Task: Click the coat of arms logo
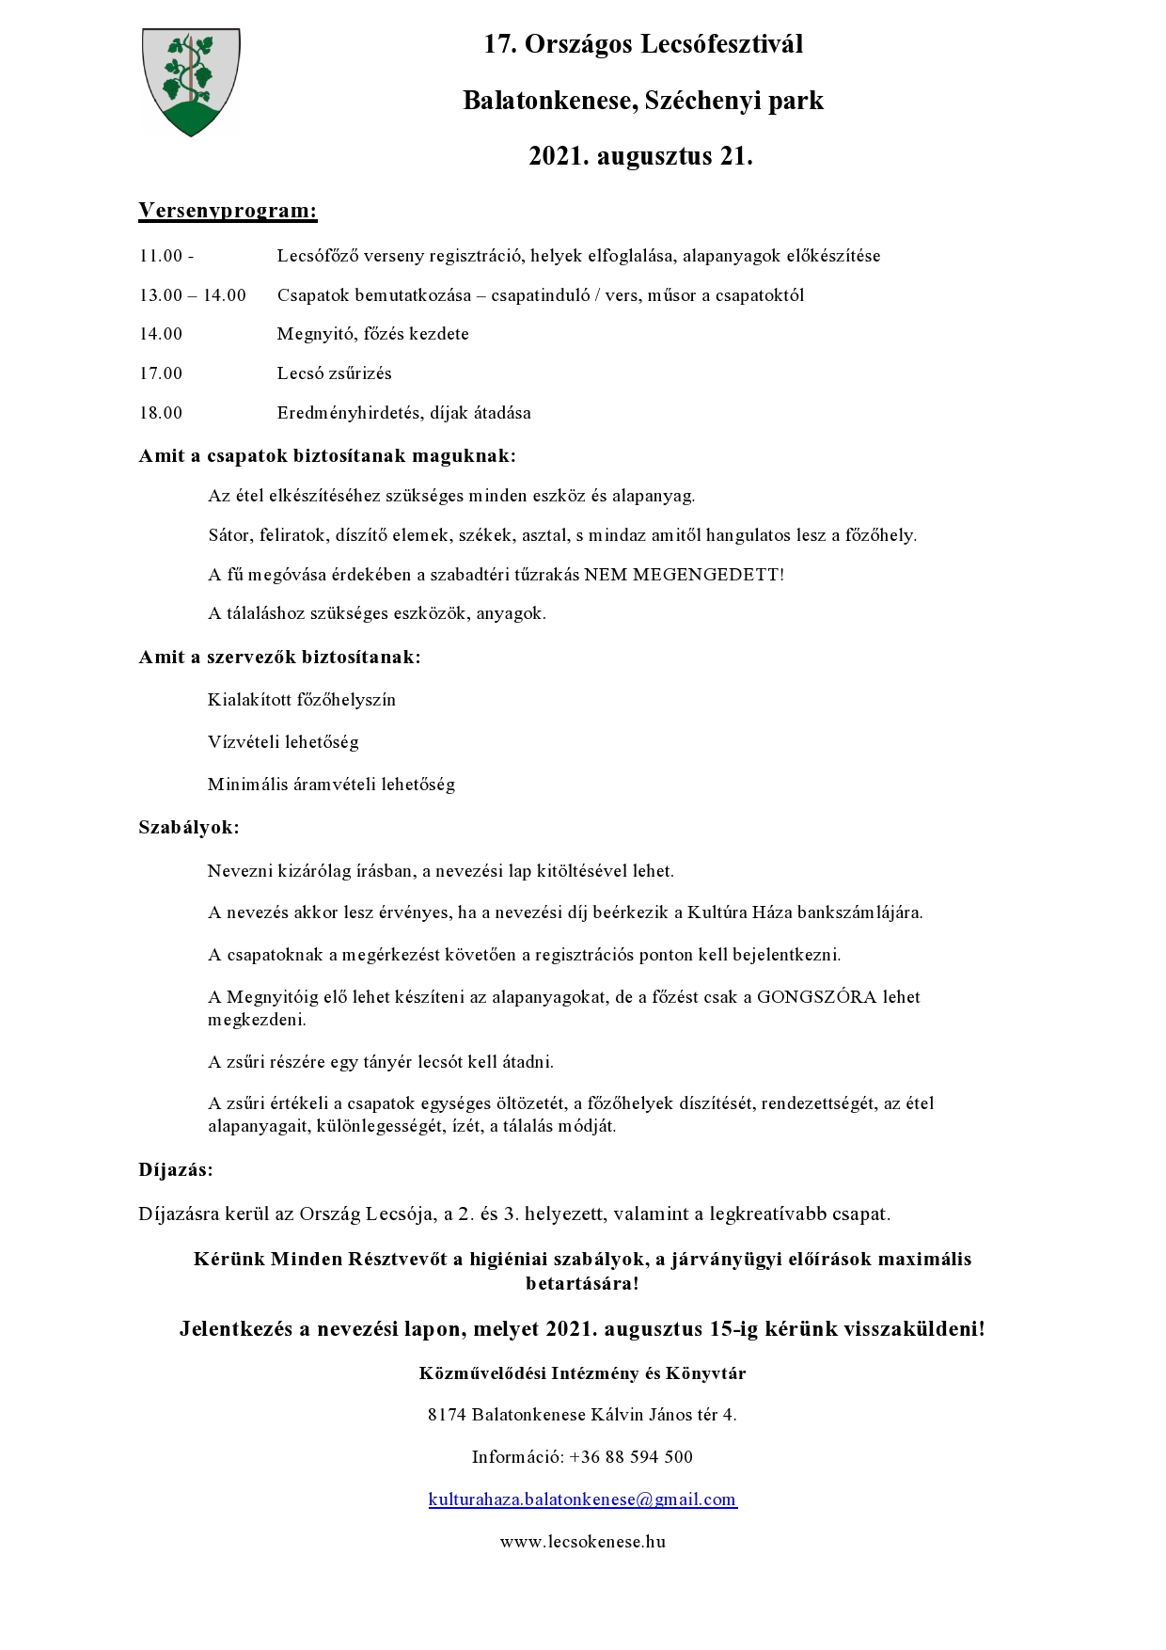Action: tap(191, 82)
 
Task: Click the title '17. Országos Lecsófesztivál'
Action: tap(643, 44)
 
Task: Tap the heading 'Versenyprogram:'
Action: tap(228, 210)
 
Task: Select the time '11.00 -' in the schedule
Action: tap(166, 256)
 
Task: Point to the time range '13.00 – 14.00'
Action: tap(193, 295)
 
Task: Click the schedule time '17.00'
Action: tap(161, 373)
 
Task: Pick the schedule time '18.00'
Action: tap(161, 413)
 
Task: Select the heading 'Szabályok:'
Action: tap(189, 828)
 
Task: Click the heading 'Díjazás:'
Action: tap(176, 1170)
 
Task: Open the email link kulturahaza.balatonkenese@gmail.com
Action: tap(582, 1499)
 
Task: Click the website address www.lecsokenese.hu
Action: tap(582, 1542)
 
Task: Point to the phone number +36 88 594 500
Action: tap(631, 1457)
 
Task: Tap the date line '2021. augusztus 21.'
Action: tap(640, 156)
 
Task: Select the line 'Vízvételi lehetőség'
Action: tap(283, 742)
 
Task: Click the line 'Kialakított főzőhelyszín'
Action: tap(302, 700)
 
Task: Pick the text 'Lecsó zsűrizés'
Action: tap(334, 373)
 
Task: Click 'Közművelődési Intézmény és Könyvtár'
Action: tap(582, 1373)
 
